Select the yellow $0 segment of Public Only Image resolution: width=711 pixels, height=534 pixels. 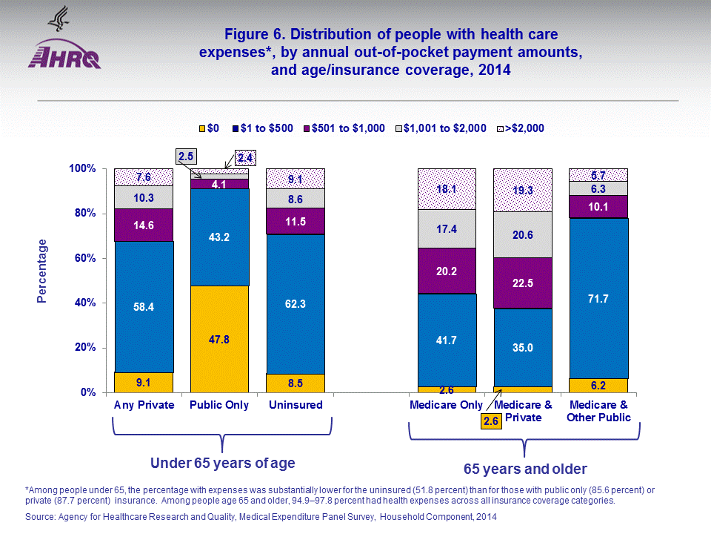[219, 339]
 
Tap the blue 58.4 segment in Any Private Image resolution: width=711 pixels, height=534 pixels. [144, 307]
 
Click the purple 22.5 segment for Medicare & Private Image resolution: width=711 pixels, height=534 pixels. [524, 283]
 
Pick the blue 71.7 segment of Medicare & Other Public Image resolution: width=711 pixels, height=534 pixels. [598, 298]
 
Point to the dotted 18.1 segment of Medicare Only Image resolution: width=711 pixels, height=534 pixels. [447, 189]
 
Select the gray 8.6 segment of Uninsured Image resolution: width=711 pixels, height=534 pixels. [296, 199]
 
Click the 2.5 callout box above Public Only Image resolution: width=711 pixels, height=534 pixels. [186, 156]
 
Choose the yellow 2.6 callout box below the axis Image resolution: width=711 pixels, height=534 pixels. [490, 421]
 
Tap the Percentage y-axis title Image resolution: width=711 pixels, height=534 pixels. [42, 271]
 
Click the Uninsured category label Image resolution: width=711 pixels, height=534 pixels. [296, 405]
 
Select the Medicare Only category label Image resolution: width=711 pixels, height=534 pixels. [447, 405]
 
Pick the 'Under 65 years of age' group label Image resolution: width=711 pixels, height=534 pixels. [223, 464]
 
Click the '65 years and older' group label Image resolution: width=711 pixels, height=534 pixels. [525, 469]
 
